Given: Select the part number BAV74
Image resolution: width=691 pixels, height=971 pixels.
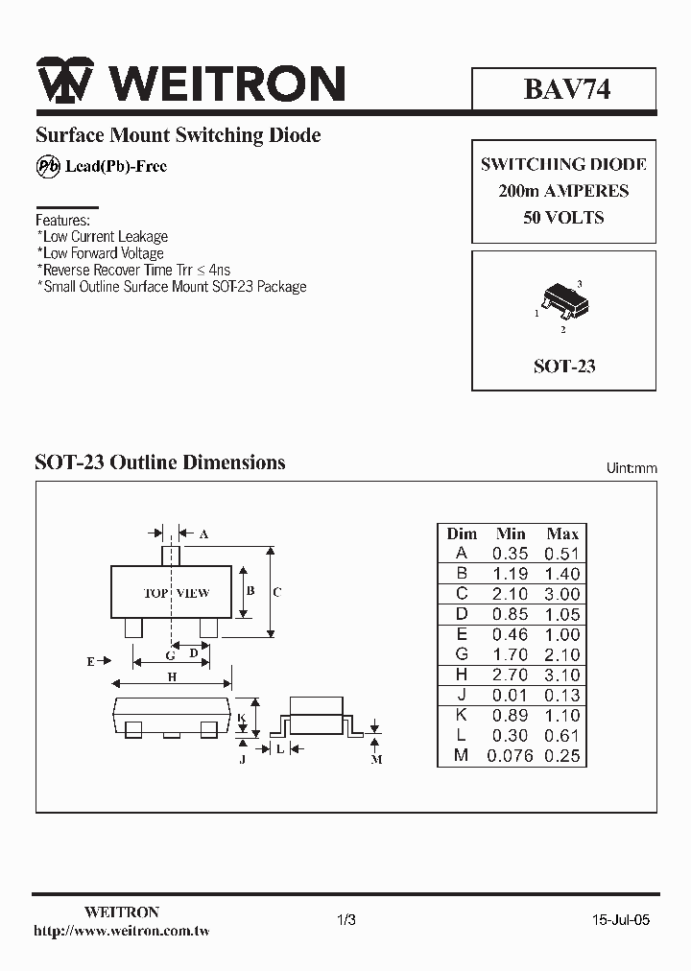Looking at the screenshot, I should click(x=566, y=89).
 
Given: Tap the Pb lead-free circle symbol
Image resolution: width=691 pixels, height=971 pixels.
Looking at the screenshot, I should click(x=48, y=166).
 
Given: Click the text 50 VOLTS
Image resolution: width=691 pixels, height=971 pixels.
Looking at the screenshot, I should click(x=563, y=218).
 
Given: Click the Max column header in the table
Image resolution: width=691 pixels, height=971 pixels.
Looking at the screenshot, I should click(x=562, y=533).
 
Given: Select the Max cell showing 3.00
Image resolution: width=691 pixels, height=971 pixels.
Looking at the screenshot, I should click(x=562, y=594).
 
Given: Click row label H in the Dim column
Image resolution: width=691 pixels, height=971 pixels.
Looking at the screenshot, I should click(x=462, y=675).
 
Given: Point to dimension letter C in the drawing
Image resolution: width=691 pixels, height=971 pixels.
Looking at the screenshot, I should click(x=277, y=592).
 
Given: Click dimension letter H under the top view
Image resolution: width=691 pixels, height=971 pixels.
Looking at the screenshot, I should click(x=173, y=677).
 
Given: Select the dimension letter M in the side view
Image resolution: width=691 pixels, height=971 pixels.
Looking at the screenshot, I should click(x=377, y=759).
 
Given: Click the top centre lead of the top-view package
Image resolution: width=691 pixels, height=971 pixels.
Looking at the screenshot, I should click(x=171, y=556).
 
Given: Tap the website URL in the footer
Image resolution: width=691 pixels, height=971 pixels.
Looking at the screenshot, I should click(x=122, y=931).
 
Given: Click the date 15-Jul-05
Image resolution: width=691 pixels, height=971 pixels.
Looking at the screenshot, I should click(x=621, y=919).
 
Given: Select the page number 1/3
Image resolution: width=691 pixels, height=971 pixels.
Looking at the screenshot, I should click(x=347, y=919).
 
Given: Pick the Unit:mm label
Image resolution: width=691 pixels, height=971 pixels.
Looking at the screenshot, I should click(x=631, y=468).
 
